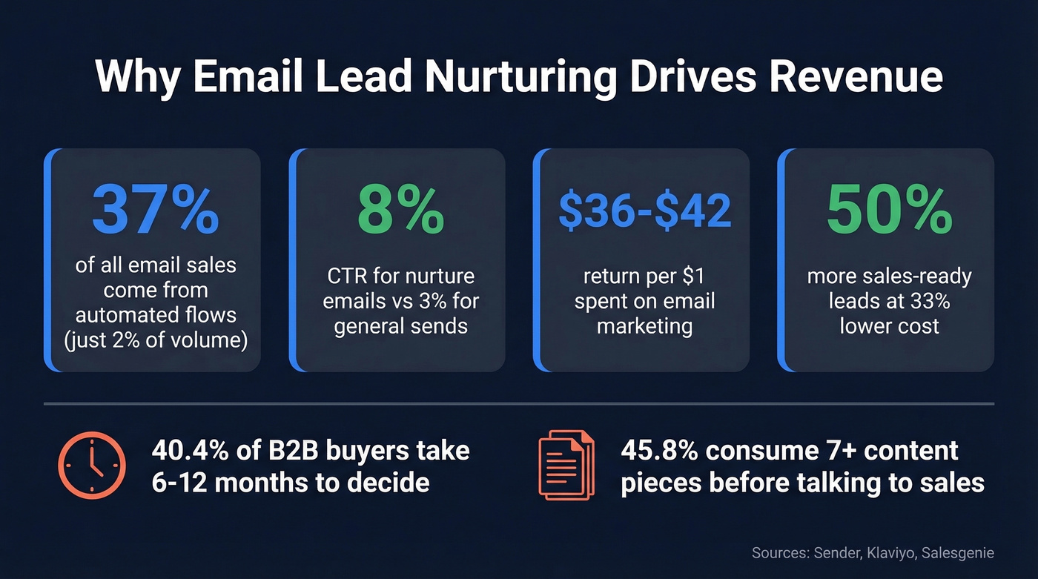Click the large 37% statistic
(156, 211)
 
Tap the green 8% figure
(400, 211)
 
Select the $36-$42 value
(644, 211)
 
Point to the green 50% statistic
(889, 211)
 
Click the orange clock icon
(92, 466)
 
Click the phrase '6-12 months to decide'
(291, 483)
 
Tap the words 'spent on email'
(644, 302)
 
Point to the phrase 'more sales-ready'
(889, 277)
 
